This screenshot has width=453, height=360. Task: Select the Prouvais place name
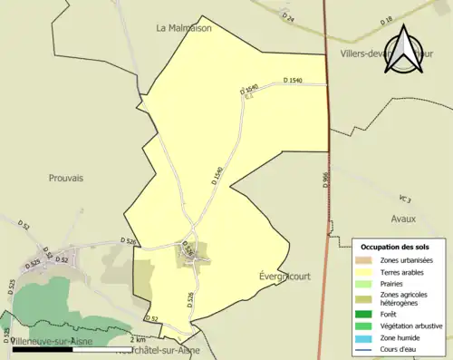[x=66, y=179]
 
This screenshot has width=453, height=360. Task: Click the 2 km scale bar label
[x=138, y=339]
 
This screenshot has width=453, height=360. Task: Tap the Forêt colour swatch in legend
[x=371, y=313]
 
